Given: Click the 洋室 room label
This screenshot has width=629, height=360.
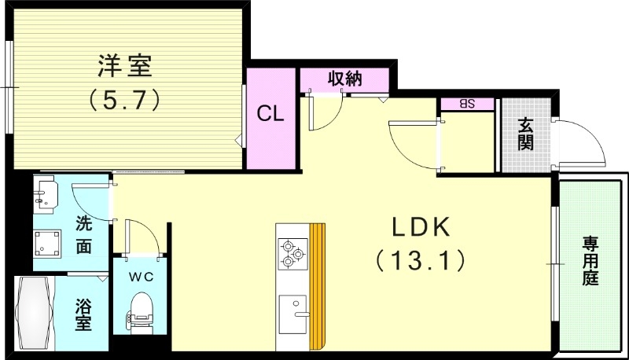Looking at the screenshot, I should [125, 66].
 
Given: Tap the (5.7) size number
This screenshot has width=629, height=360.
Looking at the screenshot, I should [125, 99].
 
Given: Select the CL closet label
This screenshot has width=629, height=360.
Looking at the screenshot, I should [271, 114].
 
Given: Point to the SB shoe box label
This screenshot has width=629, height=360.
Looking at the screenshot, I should [467, 104].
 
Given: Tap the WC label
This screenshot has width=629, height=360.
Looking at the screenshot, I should [140, 276].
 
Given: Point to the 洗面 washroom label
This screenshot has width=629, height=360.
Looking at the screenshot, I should [83, 234].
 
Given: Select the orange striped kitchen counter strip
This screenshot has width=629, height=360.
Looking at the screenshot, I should [317, 286].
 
